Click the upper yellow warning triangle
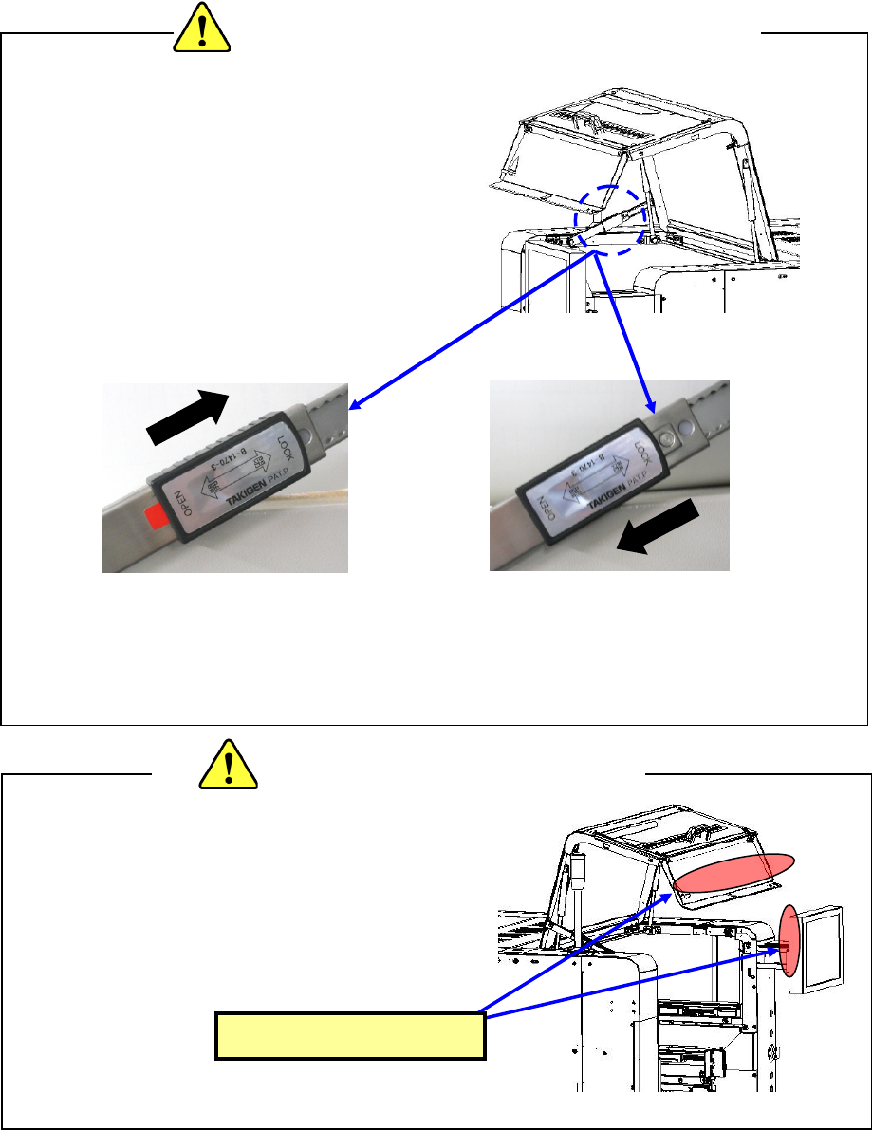pos(203,28)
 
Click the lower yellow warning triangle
pos(228,763)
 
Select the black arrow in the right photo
pos(657,531)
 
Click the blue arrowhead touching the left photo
pos(355,407)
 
